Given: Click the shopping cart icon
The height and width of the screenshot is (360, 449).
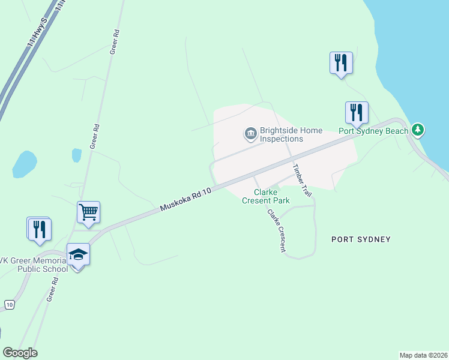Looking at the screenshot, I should [88, 212].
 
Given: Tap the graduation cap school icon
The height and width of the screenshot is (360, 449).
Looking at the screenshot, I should [77, 254].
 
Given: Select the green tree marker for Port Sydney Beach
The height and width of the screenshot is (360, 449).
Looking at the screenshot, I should [418, 130].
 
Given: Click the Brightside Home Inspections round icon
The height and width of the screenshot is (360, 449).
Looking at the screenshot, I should [250, 134].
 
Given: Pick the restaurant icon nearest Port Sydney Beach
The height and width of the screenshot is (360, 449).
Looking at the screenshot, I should [357, 112].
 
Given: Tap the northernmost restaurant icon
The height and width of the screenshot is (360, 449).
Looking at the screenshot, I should [340, 62].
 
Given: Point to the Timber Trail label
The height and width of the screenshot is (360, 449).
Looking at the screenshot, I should [303, 181].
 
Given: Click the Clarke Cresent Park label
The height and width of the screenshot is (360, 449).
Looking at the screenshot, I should [266, 196].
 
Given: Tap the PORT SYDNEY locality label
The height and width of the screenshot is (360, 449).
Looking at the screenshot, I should [361, 239].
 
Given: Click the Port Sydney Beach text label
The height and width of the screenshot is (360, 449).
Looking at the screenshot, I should [373, 131].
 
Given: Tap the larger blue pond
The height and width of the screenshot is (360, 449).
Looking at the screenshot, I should [24, 164].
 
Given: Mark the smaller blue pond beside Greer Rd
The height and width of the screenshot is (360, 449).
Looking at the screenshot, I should [76, 155].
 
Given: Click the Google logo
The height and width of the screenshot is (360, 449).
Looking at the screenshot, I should [20, 353].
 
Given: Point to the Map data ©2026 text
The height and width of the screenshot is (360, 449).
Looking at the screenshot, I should [423, 355].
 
